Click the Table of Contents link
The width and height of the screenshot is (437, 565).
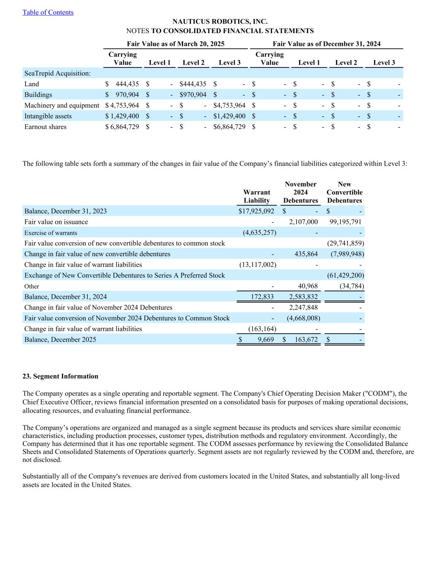tap(48, 12)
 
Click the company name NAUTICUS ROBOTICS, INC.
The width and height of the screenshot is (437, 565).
tap(220, 22)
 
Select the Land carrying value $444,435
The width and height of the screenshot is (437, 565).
tap(122, 84)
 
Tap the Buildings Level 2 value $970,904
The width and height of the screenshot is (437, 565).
tap(193, 95)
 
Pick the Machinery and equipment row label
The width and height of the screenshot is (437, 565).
tap(62, 106)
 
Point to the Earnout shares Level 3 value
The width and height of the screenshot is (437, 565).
tap(229, 127)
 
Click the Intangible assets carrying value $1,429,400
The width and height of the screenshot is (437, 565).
tap(122, 116)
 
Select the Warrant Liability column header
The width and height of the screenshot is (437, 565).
tap(256, 197)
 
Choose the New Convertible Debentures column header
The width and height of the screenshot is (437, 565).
tap(344, 192)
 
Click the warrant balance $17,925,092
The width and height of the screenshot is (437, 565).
tap(256, 212)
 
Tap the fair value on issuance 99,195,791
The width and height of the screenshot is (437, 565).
tap(345, 222)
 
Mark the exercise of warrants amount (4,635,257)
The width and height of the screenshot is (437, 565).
tap(259, 233)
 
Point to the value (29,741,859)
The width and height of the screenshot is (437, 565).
tap(345, 243)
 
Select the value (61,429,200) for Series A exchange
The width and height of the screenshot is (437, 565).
tap(345, 276)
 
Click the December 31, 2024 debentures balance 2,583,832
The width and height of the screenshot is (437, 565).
tap(303, 297)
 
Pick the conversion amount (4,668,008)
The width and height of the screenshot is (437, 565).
tap(303, 318)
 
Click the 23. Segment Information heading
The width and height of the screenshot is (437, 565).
tap(60, 376)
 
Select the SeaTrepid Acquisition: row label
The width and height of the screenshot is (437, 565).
tap(57, 74)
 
